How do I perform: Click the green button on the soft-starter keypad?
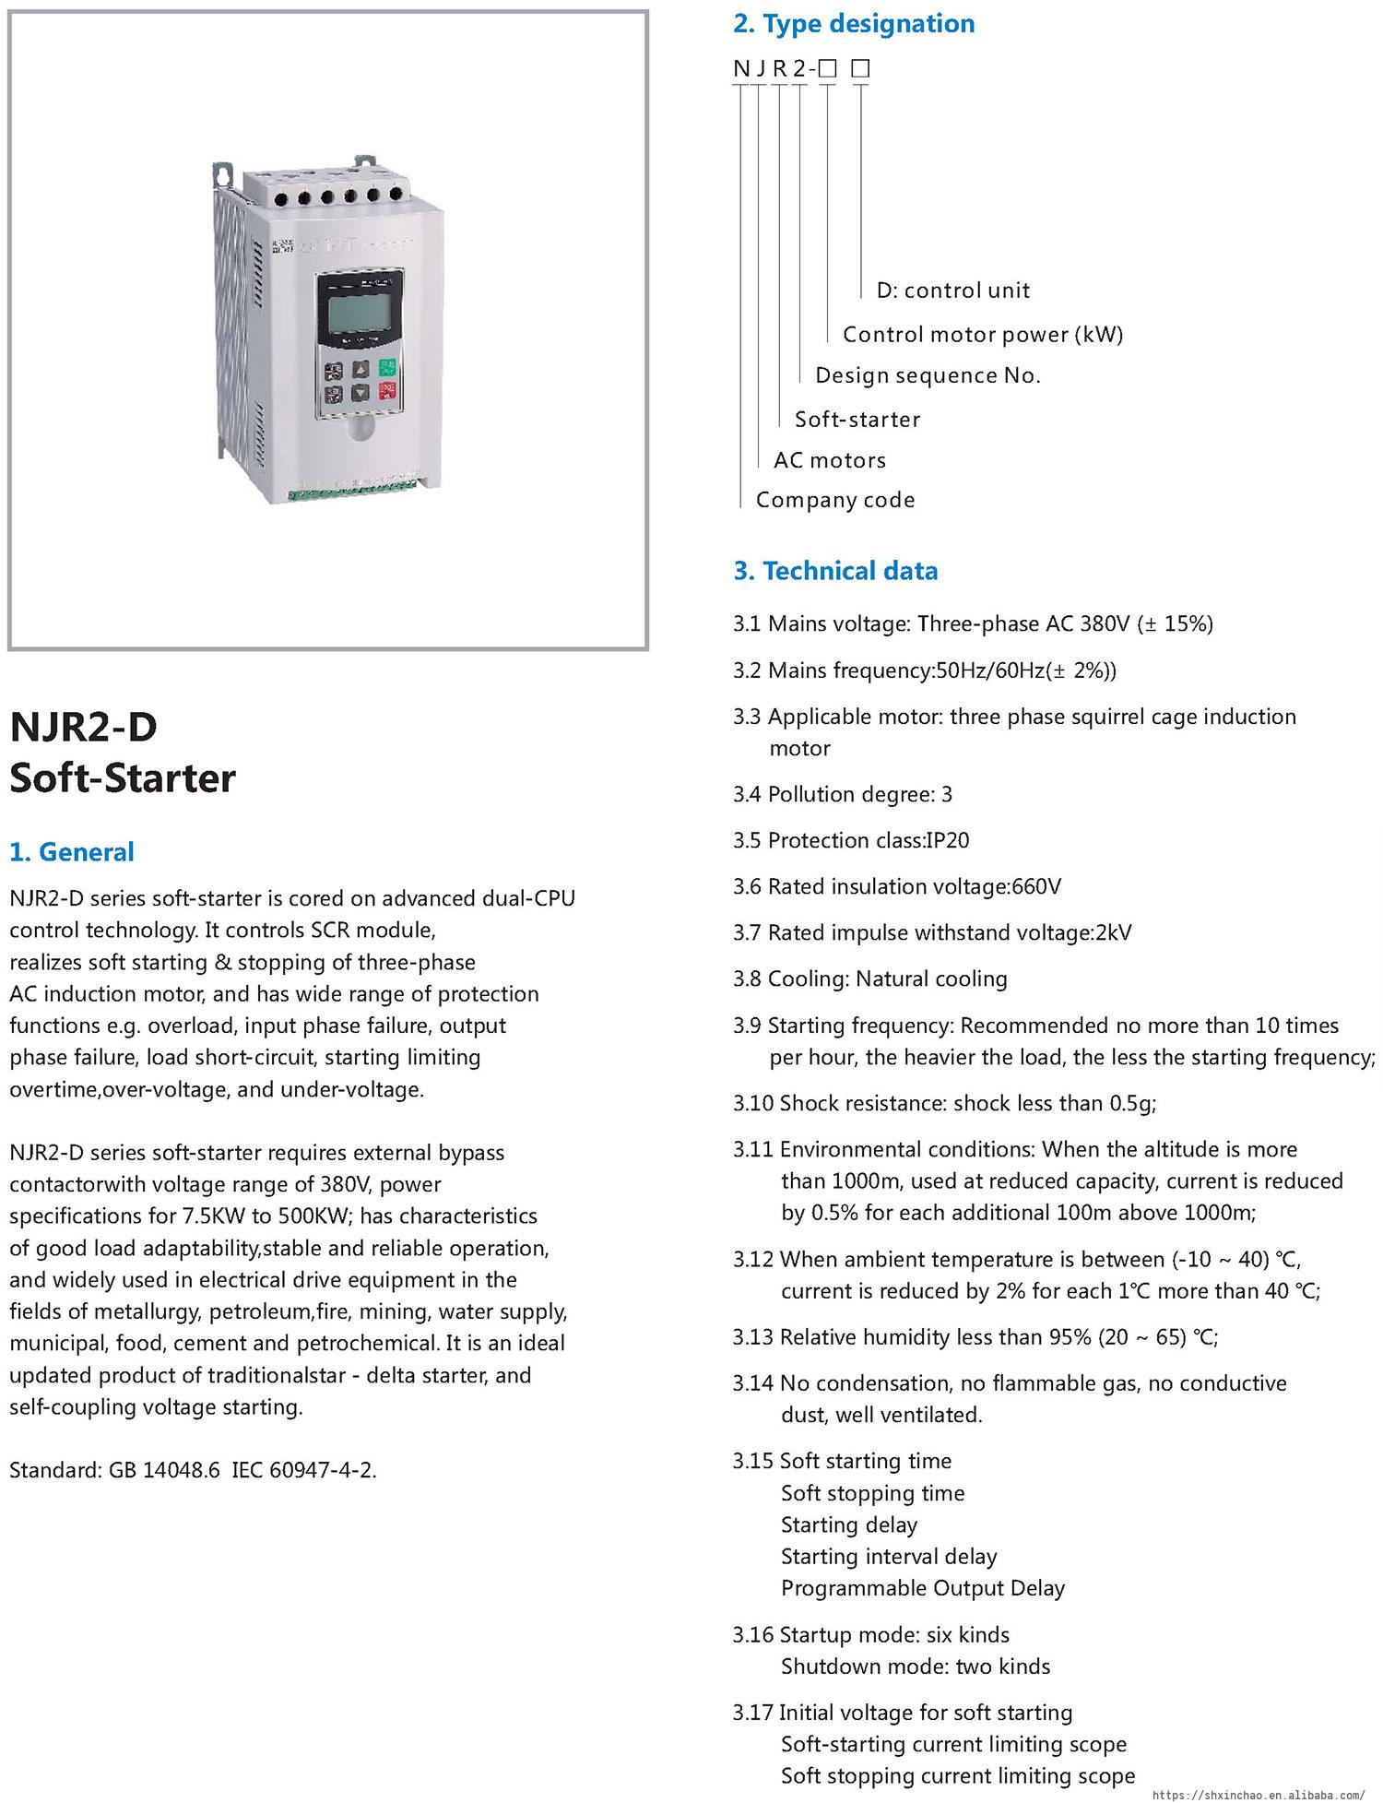386,367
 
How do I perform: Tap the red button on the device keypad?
386,392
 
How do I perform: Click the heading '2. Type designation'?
854,24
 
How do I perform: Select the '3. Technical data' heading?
835,571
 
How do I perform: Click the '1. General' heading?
72,851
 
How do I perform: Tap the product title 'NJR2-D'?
83,727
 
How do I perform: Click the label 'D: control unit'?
952,291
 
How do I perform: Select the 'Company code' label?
835,500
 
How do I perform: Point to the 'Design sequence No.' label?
928,375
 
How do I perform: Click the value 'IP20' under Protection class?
948,840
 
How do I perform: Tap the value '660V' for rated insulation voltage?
1036,886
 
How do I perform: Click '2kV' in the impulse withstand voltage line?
1113,932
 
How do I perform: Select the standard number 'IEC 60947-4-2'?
302,1470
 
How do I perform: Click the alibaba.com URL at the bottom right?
1258,1795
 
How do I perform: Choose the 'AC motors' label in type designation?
830,460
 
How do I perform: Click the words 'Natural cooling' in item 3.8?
931,979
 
